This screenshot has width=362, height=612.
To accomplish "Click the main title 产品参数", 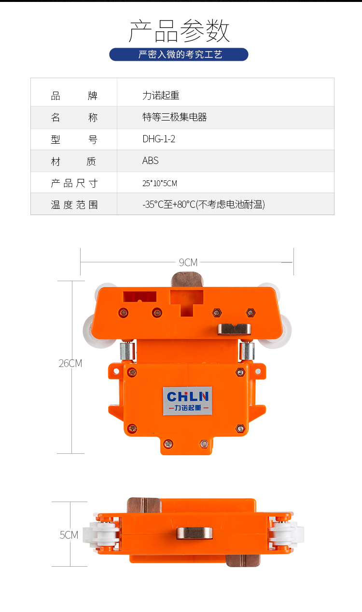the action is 179,31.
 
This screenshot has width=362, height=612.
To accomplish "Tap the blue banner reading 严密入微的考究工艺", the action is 179,54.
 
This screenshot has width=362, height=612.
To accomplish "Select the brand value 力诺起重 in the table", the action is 161,95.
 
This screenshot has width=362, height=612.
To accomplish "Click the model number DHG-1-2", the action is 159,139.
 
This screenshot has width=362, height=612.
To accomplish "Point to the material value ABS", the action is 150,161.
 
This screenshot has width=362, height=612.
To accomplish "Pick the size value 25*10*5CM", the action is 160,183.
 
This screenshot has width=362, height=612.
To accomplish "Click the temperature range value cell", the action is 203,204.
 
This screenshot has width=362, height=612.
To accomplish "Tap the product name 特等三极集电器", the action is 174,117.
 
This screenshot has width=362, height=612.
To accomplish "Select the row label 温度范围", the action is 74,204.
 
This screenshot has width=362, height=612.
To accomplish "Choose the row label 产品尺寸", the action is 74,183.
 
